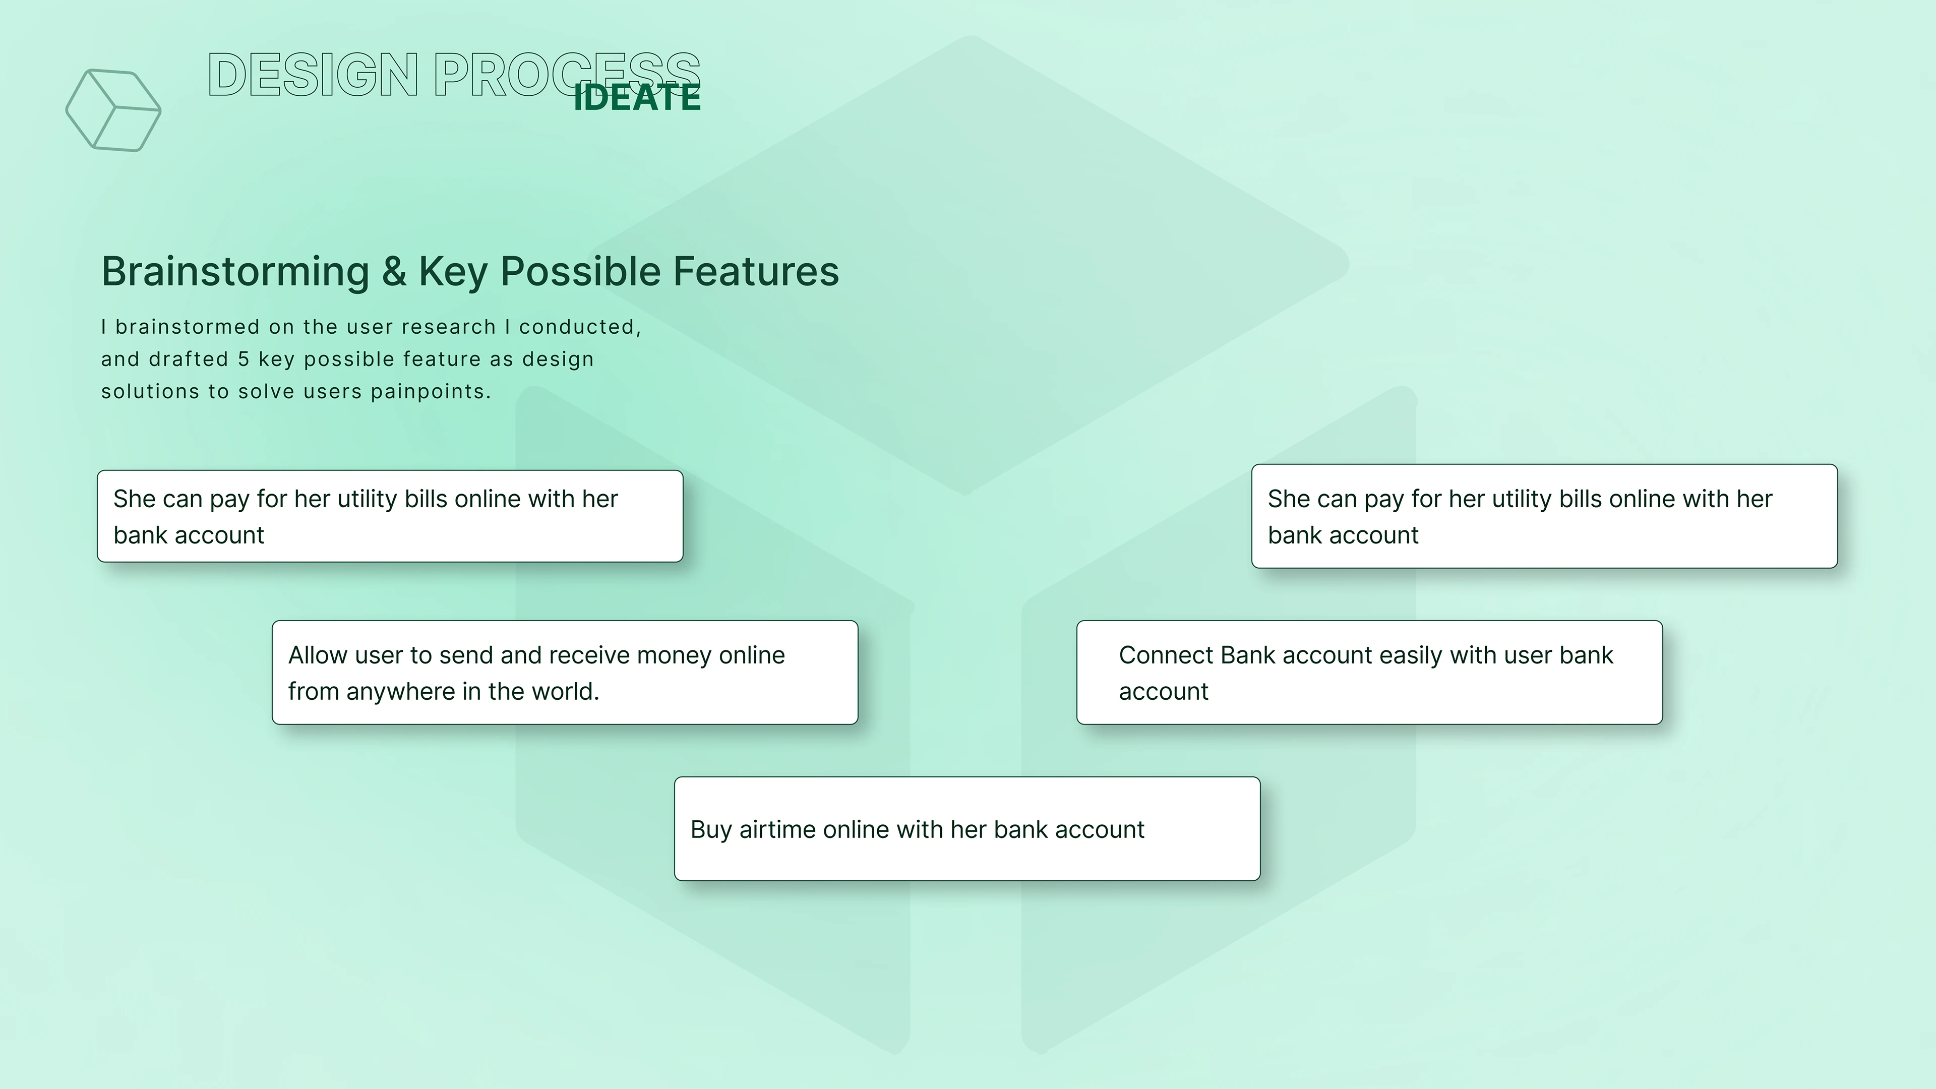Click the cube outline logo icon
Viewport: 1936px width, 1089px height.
(x=113, y=110)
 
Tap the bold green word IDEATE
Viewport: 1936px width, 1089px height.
(x=637, y=98)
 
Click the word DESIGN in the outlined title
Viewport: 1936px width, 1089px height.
(x=313, y=75)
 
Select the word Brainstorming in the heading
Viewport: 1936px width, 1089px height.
(x=235, y=272)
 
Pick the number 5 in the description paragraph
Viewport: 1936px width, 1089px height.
(x=244, y=359)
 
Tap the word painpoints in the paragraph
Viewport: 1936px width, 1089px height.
(x=431, y=392)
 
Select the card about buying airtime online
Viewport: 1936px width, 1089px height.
(x=967, y=828)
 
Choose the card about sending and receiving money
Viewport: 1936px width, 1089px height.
(x=565, y=672)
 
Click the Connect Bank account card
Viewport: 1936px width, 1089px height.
(x=1369, y=672)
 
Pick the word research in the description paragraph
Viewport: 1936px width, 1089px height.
(x=449, y=327)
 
